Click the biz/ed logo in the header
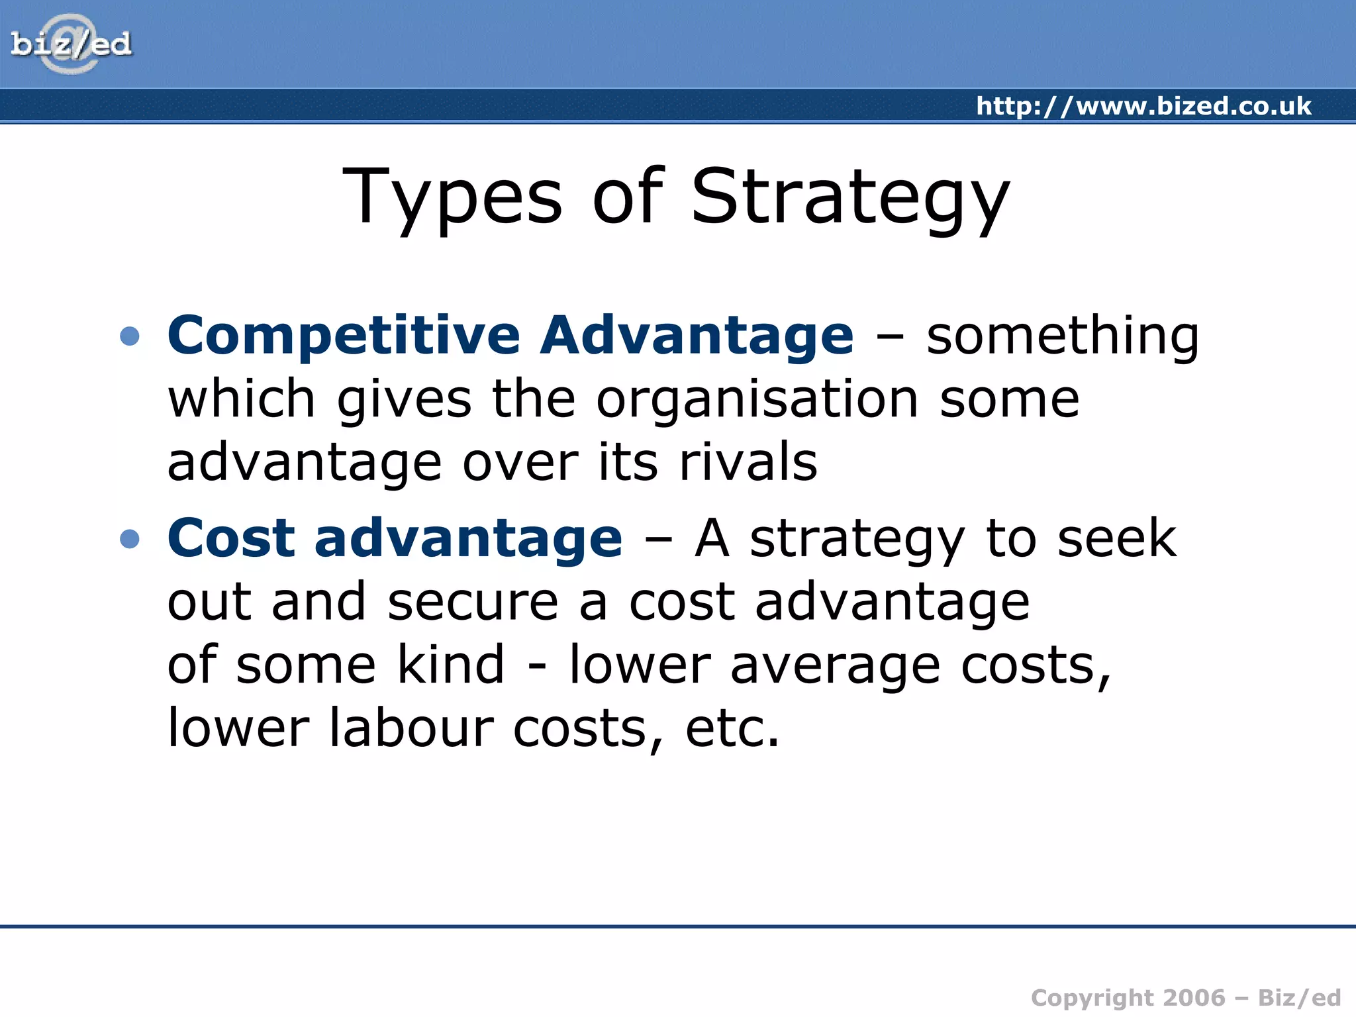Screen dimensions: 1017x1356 click(x=71, y=44)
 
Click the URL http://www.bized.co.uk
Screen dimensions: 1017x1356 click(x=1143, y=106)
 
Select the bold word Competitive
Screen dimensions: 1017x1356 click(x=344, y=336)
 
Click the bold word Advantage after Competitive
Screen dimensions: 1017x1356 click(x=697, y=336)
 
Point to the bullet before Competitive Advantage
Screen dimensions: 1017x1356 click(x=130, y=336)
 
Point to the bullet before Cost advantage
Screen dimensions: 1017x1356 click(x=130, y=539)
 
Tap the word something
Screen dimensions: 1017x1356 click(x=1062, y=336)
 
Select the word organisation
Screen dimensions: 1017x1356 click(x=757, y=400)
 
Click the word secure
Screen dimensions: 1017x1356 click(x=473, y=602)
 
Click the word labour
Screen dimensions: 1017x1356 click(x=411, y=728)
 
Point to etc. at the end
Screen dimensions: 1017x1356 click(x=732, y=729)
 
